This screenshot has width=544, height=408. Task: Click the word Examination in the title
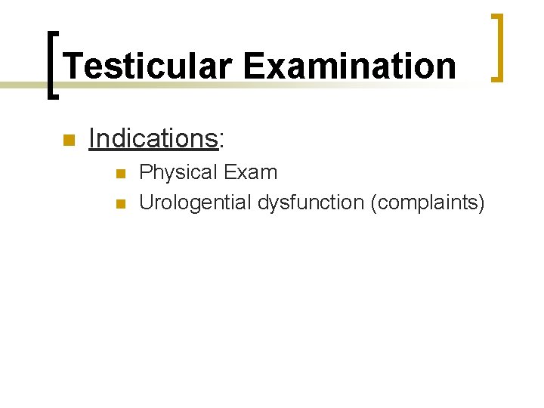coord(350,66)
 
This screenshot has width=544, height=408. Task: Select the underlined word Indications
coord(153,138)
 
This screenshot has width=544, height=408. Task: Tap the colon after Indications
coord(221,141)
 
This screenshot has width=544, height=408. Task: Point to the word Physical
coord(178,173)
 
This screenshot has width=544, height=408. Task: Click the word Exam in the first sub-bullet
coord(251,172)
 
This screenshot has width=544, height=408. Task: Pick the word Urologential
coord(196,202)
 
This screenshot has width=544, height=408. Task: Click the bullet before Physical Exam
coord(119,174)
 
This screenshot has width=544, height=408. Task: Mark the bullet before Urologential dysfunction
coord(119,203)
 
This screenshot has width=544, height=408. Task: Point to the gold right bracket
coord(499,47)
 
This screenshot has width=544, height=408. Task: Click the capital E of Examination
coord(253,66)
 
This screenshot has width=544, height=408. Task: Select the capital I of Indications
coord(91,138)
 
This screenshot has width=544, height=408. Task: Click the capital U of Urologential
coord(147,202)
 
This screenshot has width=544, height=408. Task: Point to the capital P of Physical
coord(147,172)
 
